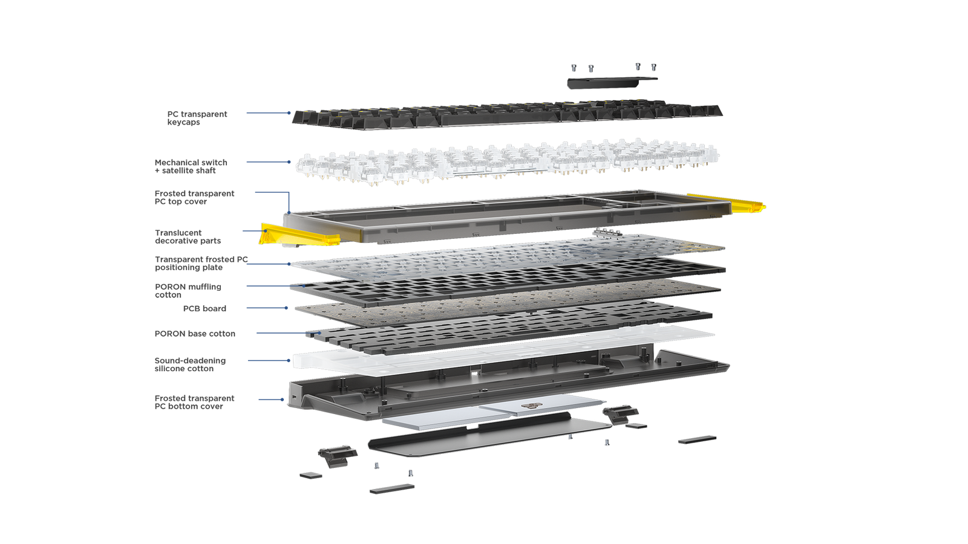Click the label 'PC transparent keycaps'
197,118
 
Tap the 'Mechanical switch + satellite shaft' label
191,166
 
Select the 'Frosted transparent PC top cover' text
194,197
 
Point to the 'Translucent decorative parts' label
188,236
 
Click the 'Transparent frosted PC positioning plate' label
201,264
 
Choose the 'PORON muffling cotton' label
188,291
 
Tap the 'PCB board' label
204,309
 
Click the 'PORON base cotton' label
195,334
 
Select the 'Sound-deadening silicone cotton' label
190,364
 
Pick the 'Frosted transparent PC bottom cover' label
194,402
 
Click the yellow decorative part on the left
299,235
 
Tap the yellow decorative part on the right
727,202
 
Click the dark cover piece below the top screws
612,82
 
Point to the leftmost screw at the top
574,68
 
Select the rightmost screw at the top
654,67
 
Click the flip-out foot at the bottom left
338,456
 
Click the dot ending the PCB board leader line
286,308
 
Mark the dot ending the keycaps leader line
289,112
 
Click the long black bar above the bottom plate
469,430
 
